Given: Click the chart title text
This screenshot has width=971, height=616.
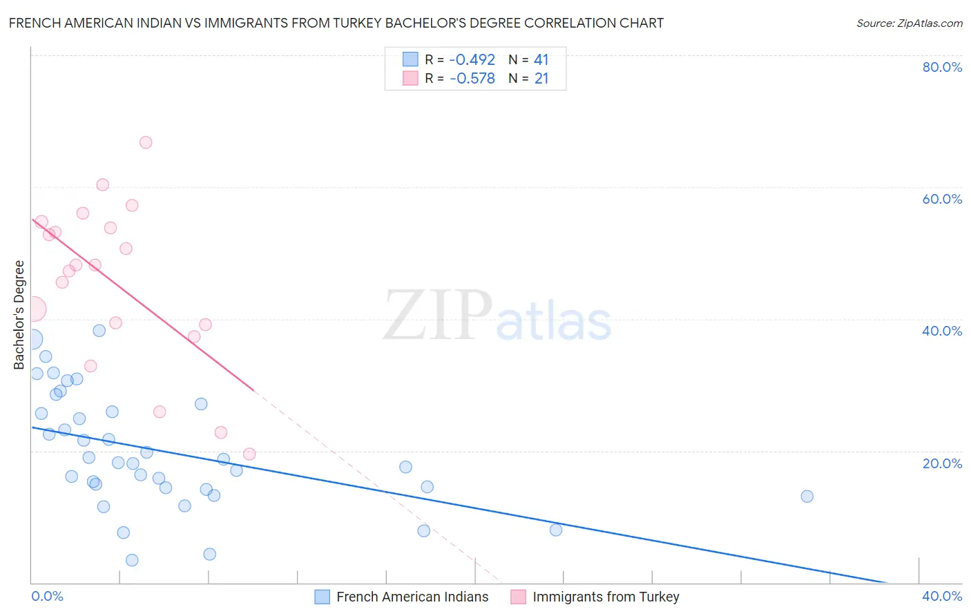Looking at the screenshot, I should (336, 23).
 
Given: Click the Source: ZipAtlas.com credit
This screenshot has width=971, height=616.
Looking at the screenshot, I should (909, 23).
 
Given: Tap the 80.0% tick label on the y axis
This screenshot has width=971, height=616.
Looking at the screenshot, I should (942, 67).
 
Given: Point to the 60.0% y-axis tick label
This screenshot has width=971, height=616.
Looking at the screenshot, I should (942, 199).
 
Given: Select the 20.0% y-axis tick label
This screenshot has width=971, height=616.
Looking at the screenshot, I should (942, 463).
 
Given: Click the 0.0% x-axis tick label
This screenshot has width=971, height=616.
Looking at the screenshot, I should (48, 597).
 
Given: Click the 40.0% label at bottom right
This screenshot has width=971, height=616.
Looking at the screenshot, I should (942, 597).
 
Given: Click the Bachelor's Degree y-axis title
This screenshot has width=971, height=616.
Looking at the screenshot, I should (19, 315).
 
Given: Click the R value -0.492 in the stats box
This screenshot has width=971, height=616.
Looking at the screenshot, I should (472, 60).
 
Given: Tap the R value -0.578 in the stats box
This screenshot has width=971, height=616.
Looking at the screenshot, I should (472, 79).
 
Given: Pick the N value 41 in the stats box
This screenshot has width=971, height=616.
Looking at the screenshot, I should (541, 60).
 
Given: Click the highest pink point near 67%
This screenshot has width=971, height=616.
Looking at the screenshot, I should (146, 142).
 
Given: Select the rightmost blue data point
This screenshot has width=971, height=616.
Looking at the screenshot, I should (807, 497).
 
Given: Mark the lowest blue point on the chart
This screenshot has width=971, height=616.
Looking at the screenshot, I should (132, 560).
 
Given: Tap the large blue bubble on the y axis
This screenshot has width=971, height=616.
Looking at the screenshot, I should (32, 339).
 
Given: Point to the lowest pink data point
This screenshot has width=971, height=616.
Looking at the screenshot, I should (249, 454).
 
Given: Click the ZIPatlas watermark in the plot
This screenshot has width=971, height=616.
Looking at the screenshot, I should (497, 316).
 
